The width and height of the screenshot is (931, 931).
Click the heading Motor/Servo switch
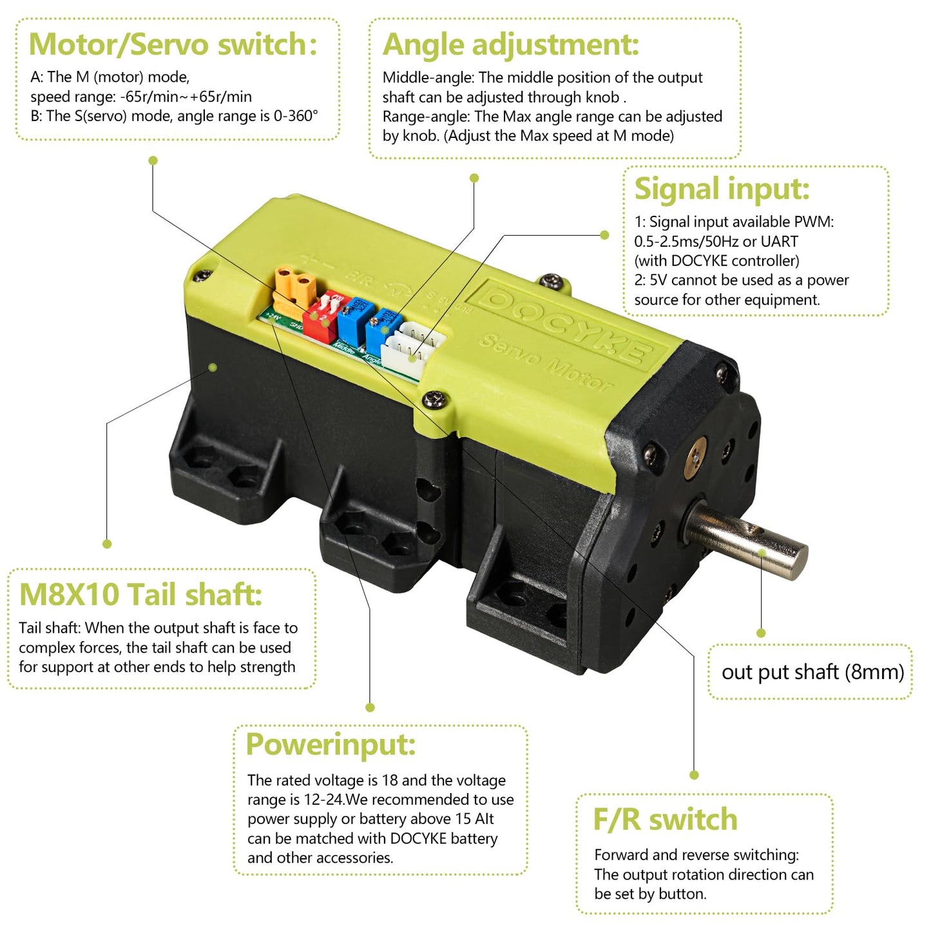[173, 44]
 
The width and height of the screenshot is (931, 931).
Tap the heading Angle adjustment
[510, 44]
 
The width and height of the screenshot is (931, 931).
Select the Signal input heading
[722, 189]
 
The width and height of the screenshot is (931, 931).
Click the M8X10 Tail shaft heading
[140, 594]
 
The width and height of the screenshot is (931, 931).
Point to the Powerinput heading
[331, 744]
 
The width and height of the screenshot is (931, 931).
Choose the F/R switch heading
[665, 820]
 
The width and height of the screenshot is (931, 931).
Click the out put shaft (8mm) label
[812, 672]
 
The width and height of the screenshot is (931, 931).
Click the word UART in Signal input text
[779, 242]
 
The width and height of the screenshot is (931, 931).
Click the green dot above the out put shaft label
[761, 633]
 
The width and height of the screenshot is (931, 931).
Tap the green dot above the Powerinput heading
[370, 707]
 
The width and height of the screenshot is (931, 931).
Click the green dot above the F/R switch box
[694, 775]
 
